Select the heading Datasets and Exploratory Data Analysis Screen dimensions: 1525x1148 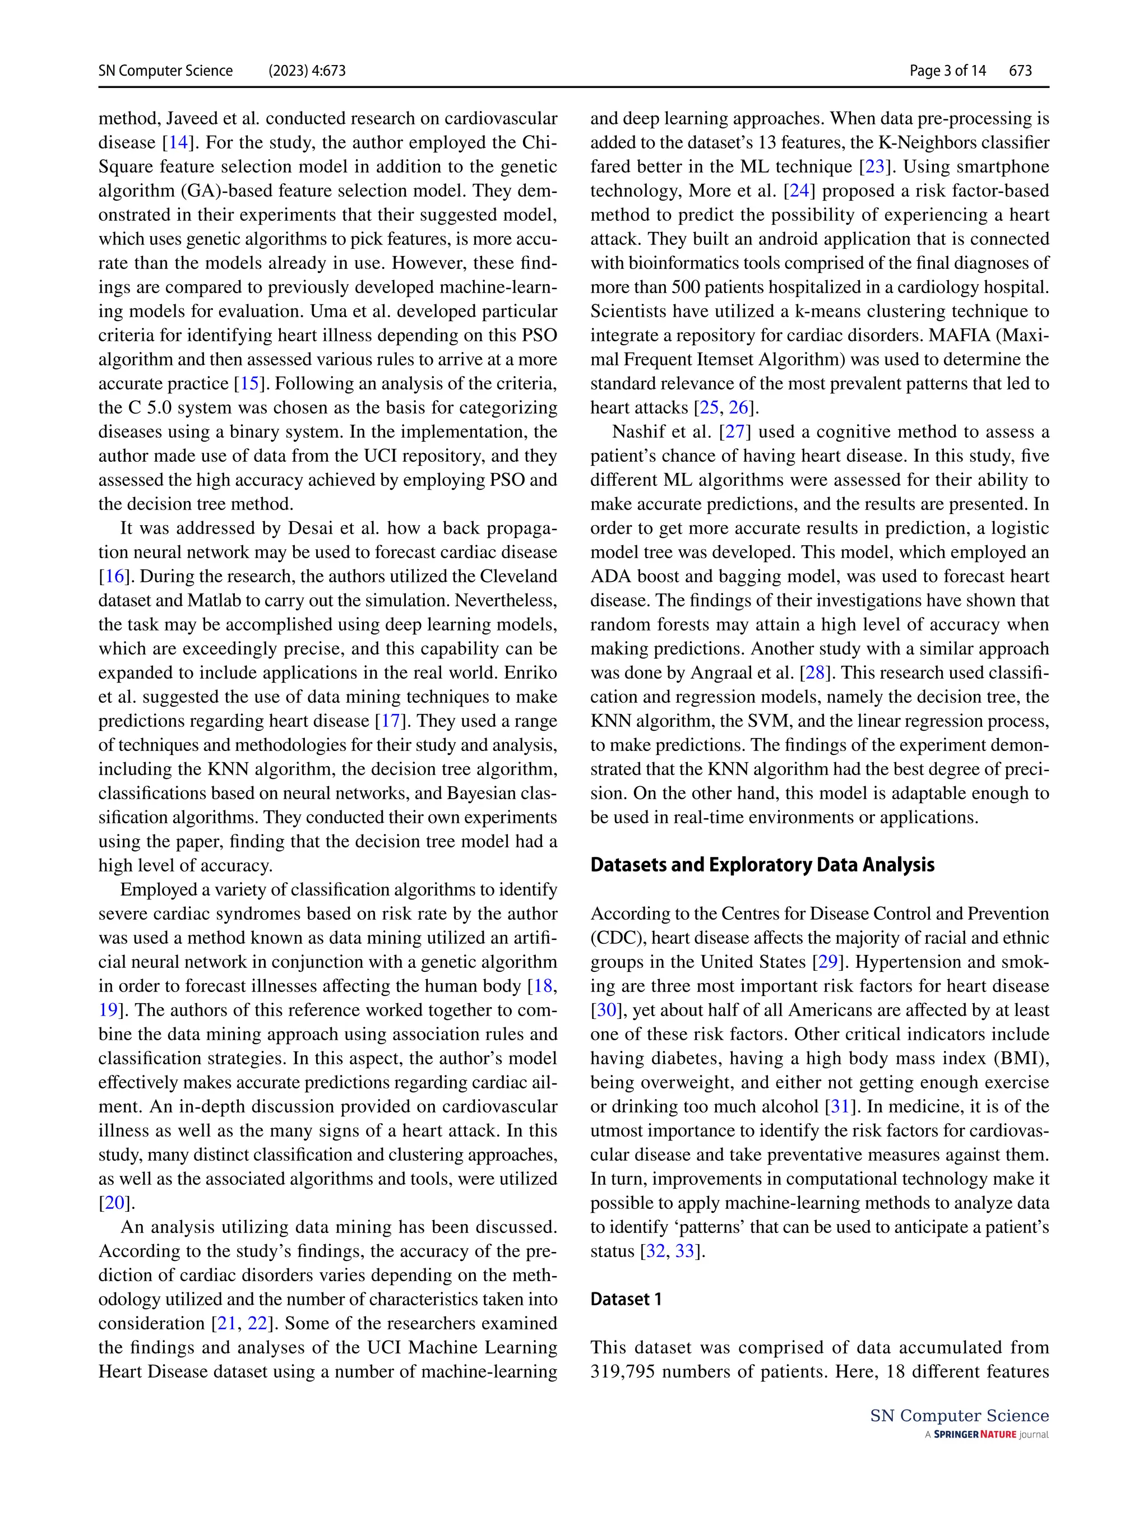pyautogui.click(x=762, y=865)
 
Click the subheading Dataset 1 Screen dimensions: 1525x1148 pyautogui.click(x=626, y=1299)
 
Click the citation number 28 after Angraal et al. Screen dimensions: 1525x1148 pyautogui.click(x=815, y=673)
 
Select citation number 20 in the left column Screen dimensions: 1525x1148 pyautogui.click(x=114, y=1203)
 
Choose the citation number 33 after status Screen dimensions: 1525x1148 pyautogui.click(x=684, y=1251)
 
